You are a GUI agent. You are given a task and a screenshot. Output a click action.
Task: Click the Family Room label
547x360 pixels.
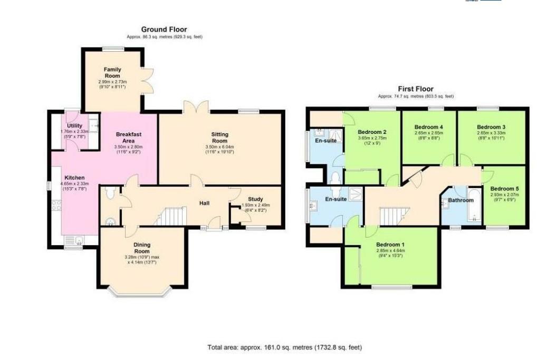click(112, 73)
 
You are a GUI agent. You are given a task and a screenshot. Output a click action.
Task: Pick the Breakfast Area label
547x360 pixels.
click(129, 138)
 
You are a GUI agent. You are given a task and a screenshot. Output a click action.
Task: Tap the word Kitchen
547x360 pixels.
click(74, 178)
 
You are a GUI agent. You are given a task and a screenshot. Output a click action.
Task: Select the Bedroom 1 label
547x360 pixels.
click(390, 245)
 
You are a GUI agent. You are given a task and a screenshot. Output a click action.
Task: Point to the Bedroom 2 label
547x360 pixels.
click(372, 132)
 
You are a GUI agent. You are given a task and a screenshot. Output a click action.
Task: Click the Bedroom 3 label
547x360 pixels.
click(491, 127)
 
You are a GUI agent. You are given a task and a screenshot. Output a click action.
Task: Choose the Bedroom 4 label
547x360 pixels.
click(428, 127)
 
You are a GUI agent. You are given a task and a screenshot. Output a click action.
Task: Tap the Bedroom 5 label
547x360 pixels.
click(504, 189)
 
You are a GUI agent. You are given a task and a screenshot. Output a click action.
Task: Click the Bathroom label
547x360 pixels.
click(461, 200)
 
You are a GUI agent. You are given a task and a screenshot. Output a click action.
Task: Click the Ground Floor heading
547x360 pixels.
click(164, 30)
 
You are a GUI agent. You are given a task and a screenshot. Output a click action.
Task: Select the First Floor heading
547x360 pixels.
click(416, 90)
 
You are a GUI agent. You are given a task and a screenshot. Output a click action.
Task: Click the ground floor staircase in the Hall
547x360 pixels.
click(171, 216)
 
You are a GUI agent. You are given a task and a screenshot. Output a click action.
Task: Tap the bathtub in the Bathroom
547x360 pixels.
click(473, 207)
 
